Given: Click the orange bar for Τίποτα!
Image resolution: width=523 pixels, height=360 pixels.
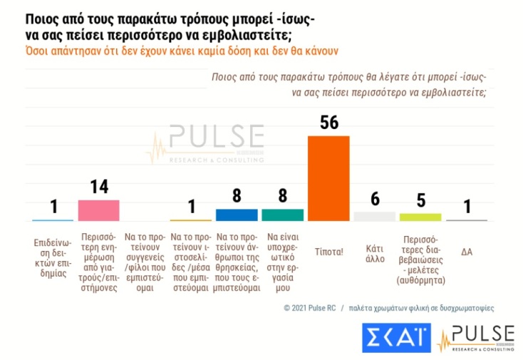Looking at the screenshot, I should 328,178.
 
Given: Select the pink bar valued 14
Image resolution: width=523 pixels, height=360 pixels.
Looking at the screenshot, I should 98,210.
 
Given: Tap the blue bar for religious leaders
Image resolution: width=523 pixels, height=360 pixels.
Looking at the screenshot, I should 237,215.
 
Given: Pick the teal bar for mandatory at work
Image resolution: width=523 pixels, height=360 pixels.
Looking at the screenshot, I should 282,215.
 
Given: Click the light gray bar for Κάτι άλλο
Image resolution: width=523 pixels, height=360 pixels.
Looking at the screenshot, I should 374,216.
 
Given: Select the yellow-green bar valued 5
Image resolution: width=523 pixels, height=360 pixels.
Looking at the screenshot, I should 420,217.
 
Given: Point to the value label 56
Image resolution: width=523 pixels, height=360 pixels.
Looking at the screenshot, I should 328,123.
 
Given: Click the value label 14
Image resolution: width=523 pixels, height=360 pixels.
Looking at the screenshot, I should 98,187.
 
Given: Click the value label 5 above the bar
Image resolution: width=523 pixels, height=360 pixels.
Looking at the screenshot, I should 420,201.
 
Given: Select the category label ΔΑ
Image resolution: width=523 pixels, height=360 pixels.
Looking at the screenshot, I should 467,251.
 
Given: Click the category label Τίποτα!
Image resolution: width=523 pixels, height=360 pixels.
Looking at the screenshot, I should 328,251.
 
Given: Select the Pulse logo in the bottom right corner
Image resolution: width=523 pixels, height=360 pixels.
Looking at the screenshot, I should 475,338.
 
